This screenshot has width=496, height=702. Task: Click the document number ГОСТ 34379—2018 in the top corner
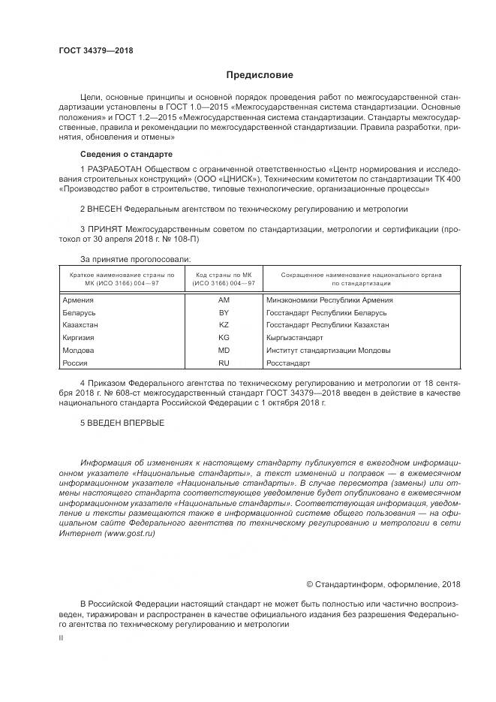pos(95,50)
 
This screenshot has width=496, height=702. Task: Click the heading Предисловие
pos(260,75)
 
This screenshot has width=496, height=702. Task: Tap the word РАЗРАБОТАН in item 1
pos(114,169)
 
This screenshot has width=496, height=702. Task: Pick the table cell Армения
pos(79,300)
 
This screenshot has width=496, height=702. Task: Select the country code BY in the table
pos(224,312)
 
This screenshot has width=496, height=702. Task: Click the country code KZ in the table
pos(224,325)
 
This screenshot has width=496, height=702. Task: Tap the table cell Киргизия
pos(80,338)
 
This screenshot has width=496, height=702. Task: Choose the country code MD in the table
pos(224,351)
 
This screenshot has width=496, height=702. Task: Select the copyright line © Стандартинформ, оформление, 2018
pos(383,584)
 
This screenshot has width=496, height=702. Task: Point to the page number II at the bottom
pos(62,637)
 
